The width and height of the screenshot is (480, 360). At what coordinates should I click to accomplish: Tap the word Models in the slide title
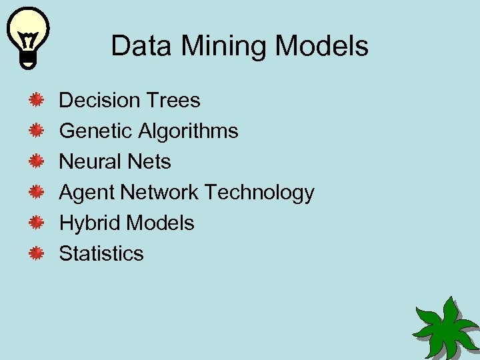point(321,46)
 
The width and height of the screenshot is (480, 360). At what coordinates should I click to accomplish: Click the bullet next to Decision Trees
point(36,101)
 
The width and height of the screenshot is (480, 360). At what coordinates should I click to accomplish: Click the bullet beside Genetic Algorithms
point(36,131)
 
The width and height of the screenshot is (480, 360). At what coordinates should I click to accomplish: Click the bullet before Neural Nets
point(36,162)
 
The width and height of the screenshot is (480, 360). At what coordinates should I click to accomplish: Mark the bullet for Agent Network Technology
point(36,193)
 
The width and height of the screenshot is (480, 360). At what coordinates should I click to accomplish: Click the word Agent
point(87,193)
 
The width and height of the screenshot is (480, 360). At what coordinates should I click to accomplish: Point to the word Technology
point(259,193)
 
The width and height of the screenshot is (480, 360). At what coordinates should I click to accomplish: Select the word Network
point(159,193)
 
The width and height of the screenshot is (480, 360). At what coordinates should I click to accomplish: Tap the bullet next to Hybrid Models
point(36,223)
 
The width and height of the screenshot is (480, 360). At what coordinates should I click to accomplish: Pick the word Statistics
point(101,254)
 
